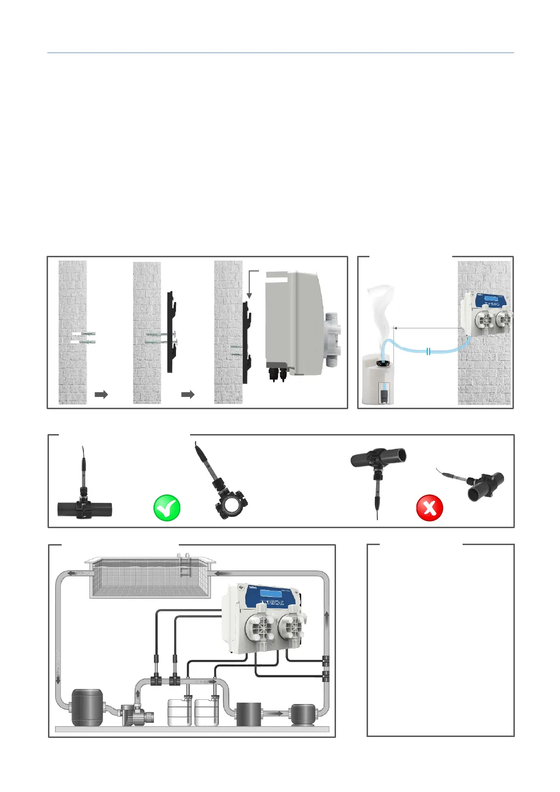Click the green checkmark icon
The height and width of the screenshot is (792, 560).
167,508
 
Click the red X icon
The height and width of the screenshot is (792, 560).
430,508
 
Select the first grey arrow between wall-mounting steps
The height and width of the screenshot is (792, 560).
101,394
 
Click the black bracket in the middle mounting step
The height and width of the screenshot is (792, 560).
171,332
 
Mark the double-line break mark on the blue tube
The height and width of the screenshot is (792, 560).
428,351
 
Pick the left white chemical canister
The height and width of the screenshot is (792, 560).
180,713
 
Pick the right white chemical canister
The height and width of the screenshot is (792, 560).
207,713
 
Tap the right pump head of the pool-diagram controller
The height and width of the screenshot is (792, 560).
292,625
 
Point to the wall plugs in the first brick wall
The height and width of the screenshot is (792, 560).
85,338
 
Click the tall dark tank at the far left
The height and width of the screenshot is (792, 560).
87,708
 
